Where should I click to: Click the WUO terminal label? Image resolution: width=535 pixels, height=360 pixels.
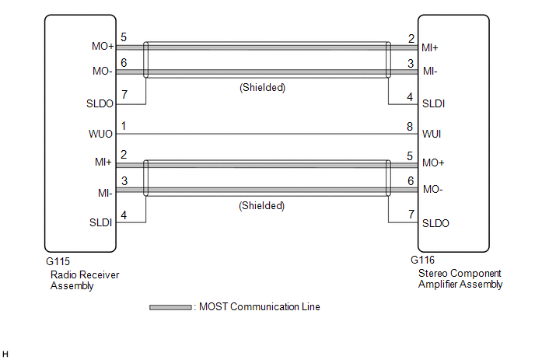coord(101,134)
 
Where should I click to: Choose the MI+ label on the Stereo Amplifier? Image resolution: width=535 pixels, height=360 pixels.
coord(429,47)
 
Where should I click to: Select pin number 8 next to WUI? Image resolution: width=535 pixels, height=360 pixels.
coord(410,126)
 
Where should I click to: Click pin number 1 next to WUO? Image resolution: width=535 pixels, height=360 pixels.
coord(123,126)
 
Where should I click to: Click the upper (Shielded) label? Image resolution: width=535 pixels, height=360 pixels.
coord(261,88)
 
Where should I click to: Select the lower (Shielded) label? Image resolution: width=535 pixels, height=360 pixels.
coord(261,206)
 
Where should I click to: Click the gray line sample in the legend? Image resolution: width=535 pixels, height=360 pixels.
coord(170,307)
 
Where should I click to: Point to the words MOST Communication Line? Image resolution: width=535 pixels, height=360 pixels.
coord(260,307)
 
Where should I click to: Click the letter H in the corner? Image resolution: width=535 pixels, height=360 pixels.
coord(6,354)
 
